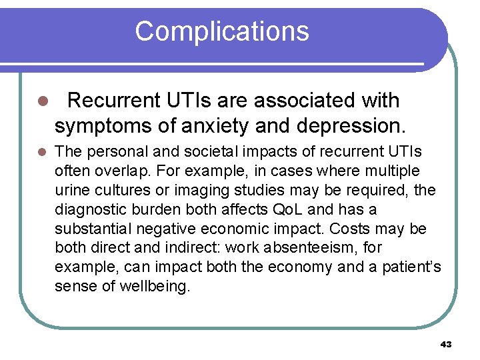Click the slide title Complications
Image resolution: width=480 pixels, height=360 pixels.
(x=222, y=31)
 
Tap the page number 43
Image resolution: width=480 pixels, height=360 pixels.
(x=446, y=344)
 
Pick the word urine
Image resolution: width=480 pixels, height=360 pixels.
(x=71, y=191)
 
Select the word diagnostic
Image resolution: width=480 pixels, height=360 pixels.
(x=86, y=210)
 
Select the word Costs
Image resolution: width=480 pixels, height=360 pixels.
(x=348, y=229)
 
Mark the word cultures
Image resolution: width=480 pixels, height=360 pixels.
(x=121, y=191)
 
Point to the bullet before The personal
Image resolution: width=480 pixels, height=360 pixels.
(x=41, y=153)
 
